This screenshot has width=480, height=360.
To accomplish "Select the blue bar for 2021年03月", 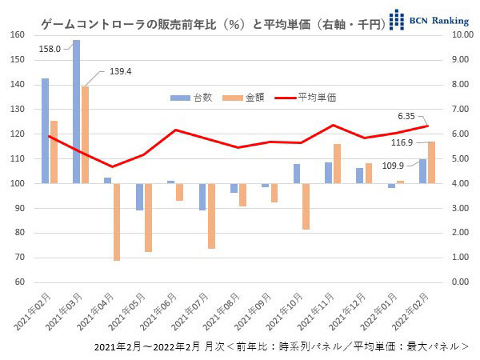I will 76,112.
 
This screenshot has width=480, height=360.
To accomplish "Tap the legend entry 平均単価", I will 305,97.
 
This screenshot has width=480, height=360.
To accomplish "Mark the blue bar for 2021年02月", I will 45,131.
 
